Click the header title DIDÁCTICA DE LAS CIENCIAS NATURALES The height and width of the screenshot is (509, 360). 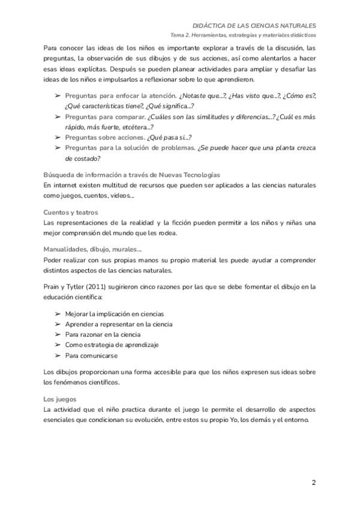point(254,26)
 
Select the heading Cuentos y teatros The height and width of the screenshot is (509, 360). point(71,212)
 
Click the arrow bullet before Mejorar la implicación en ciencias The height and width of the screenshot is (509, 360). point(58,314)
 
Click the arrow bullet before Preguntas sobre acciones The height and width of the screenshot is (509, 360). point(58,137)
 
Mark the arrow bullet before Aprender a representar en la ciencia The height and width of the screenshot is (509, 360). point(58,324)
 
